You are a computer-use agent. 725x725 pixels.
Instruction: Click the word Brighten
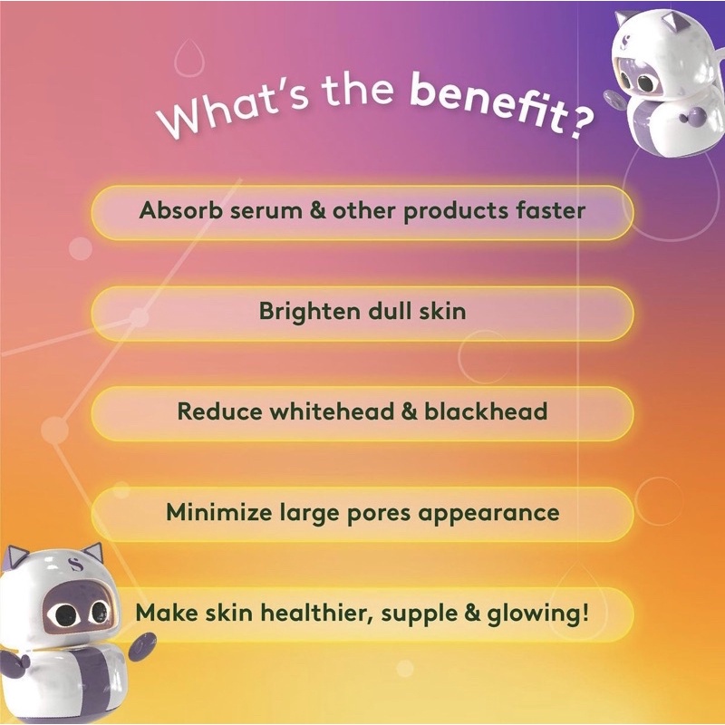(310, 311)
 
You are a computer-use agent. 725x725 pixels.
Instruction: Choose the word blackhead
(486, 411)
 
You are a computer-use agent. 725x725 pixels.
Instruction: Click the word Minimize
(218, 512)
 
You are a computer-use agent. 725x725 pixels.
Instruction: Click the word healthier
(316, 614)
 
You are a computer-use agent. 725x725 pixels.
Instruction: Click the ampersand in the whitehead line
(410, 411)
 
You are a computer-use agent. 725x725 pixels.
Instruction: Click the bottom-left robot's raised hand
(140, 646)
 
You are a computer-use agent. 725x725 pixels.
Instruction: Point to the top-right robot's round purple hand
(690, 117)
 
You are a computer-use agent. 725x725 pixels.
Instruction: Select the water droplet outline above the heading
(189, 58)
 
